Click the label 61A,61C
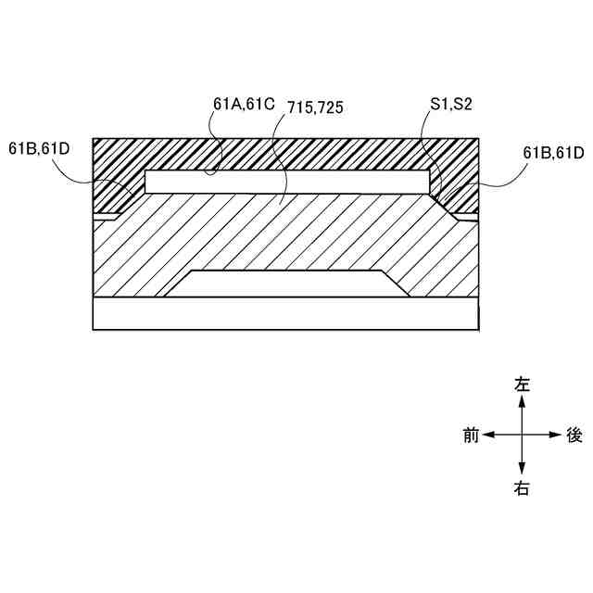pyautogui.click(x=244, y=104)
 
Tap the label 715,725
pyautogui.click(x=315, y=107)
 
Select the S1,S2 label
pyautogui.click(x=451, y=104)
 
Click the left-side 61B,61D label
pyautogui.click(x=39, y=148)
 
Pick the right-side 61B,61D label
pyautogui.click(x=554, y=153)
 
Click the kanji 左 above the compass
pyautogui.click(x=522, y=384)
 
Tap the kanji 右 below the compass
pyautogui.click(x=522, y=488)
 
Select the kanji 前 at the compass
pyautogui.click(x=472, y=435)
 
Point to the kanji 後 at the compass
pyautogui.click(x=574, y=435)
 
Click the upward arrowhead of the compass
pyautogui.click(x=522, y=401)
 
